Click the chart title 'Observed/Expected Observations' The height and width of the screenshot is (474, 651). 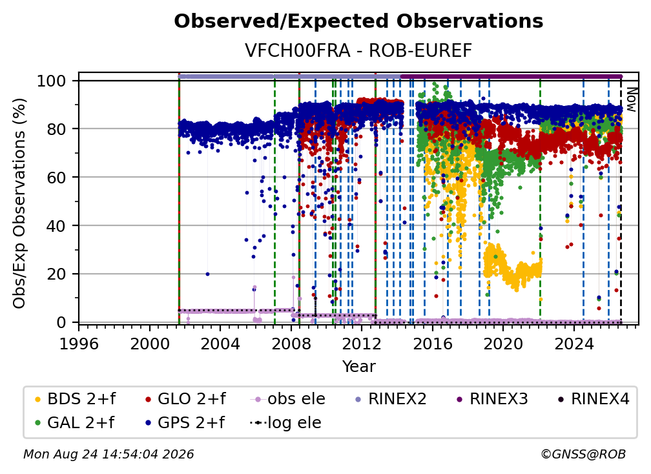pos(358,21)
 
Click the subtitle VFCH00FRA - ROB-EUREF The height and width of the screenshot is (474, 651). pos(358,50)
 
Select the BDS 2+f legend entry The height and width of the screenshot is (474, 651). pos(75,399)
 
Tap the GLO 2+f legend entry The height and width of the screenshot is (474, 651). pos(185,399)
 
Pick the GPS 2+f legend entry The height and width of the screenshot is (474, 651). pos(185,423)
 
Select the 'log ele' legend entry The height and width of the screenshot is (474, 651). pos(285,423)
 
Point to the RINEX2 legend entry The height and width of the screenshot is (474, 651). pos(391,399)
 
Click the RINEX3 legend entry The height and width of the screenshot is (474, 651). pos(492,399)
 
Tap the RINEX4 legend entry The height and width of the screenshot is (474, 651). pos(594,399)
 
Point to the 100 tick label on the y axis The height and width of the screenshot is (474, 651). pos(52,81)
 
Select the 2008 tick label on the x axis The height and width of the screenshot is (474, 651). pos(291,344)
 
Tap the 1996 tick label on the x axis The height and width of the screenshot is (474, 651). pos(79,344)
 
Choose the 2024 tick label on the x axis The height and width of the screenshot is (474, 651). pos(573,344)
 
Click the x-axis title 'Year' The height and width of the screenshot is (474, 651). pos(358,367)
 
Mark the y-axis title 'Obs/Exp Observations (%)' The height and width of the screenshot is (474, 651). pos(19,203)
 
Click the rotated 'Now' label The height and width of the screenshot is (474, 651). pos(630,99)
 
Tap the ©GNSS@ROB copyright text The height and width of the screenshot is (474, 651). pos(583,454)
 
